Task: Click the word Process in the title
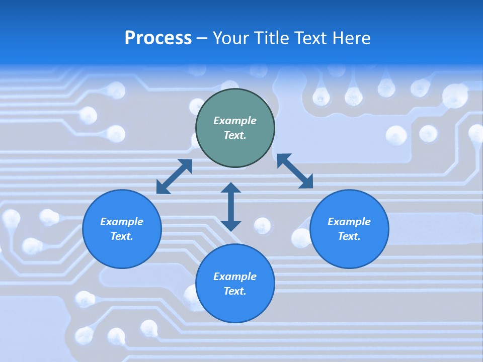click(x=158, y=38)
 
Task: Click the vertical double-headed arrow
click(x=231, y=207)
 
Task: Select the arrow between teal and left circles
click(x=174, y=176)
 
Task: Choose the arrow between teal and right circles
click(x=295, y=171)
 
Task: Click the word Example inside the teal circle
click(x=235, y=121)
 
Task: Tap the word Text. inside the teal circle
click(x=235, y=135)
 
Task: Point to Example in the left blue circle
click(x=122, y=222)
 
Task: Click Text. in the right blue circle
click(x=349, y=236)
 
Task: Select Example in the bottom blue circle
click(x=235, y=277)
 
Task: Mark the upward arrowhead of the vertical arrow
click(x=231, y=189)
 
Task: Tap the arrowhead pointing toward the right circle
click(x=305, y=182)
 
